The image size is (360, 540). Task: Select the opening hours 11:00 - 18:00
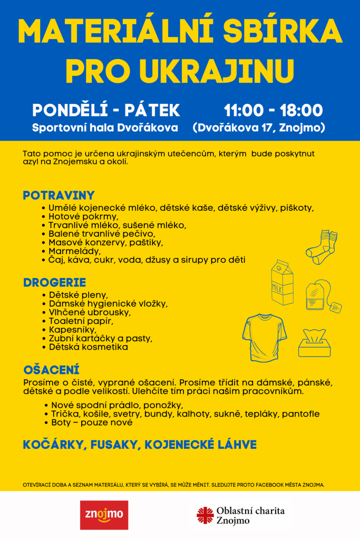[x=273, y=110]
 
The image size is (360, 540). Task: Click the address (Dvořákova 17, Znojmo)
[x=259, y=128]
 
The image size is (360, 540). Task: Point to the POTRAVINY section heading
[x=59, y=196]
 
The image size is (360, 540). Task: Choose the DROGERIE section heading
[x=54, y=283]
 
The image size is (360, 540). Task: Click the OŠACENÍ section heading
[x=51, y=370]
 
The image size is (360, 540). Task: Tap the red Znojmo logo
[x=104, y=515]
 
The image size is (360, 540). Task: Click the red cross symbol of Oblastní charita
[x=205, y=515]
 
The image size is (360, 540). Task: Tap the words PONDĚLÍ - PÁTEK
[x=106, y=110]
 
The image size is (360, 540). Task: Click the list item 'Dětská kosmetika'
[x=88, y=347]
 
